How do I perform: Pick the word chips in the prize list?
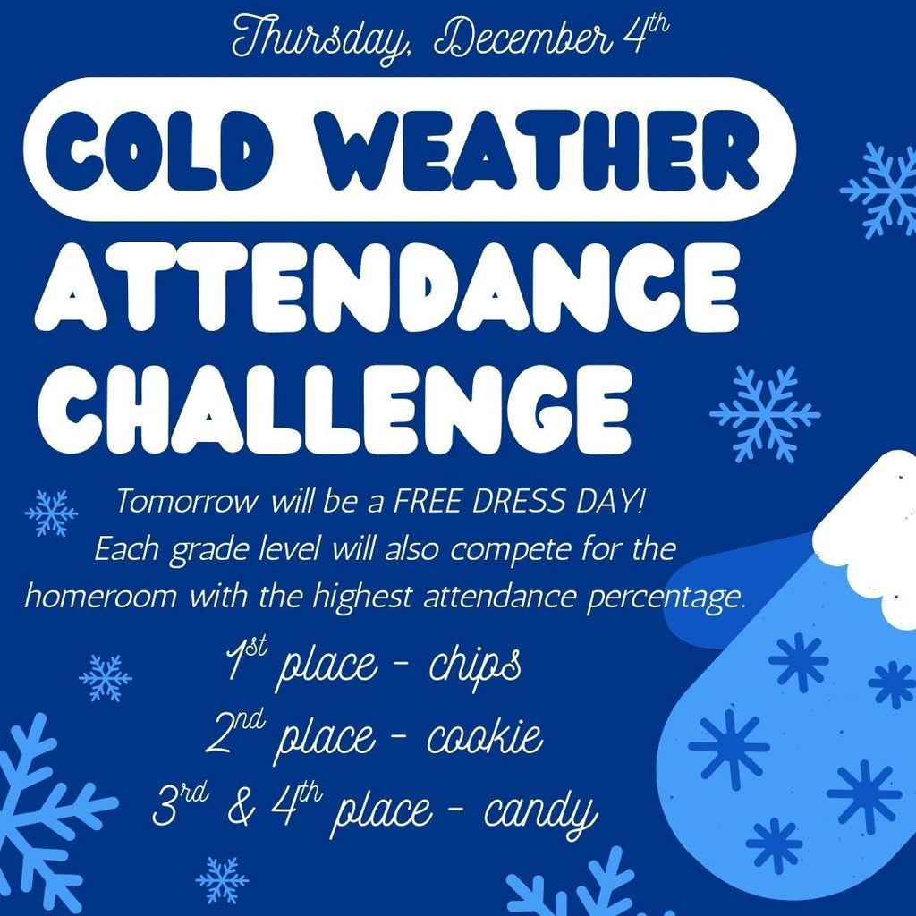coord(474,667)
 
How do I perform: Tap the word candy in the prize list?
coord(540,812)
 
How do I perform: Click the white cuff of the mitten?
coord(868,537)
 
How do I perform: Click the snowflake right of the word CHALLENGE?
coord(765,413)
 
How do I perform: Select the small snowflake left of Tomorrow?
coord(51,513)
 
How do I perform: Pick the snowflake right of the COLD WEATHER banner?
coord(880,190)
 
